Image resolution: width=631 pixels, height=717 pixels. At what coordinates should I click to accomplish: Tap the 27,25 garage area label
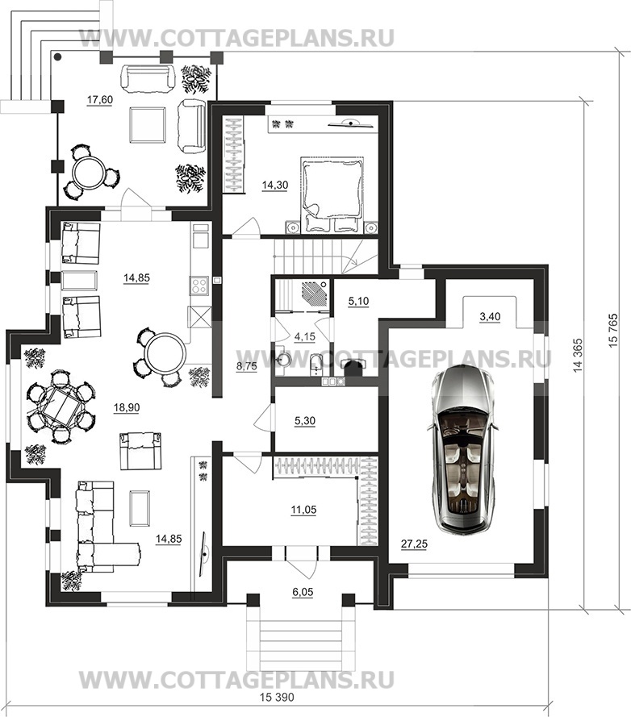pos(414,544)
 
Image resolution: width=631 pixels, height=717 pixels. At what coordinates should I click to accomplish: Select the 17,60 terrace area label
pos(100,100)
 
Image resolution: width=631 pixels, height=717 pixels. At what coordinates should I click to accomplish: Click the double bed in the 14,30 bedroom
pos(332,194)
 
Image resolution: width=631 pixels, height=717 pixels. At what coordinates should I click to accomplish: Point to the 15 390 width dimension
pos(277,698)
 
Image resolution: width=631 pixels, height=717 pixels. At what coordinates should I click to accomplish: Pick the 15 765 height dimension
pos(613,330)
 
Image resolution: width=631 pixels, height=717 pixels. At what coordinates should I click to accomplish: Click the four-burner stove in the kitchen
pos(199,286)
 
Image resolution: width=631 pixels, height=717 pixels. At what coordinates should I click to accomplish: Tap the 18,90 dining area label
pos(127,407)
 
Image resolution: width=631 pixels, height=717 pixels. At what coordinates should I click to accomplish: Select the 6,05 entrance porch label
pos(303,592)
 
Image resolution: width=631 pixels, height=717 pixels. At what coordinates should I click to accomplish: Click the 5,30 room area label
pos(305,420)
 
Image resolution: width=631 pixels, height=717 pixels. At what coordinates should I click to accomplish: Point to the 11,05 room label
pos(304,510)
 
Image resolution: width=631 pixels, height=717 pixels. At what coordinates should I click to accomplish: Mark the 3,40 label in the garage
pos(490,316)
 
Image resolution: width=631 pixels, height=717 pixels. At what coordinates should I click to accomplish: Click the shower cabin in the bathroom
pos(315,294)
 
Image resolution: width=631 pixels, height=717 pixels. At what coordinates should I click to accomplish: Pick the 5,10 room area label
pos(358,302)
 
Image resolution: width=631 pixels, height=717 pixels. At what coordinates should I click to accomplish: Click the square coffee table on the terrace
pos(147,124)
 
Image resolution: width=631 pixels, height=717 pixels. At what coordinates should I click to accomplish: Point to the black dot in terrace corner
pos(58,57)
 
